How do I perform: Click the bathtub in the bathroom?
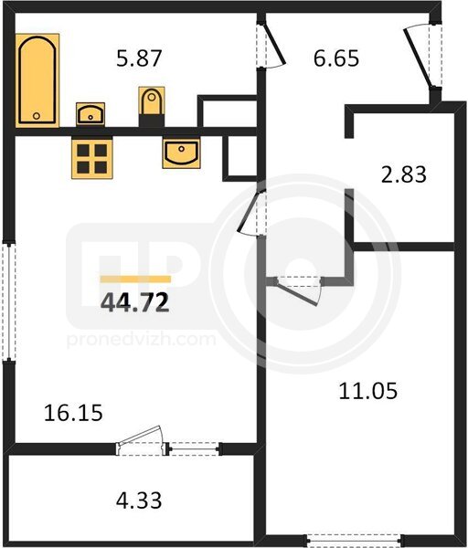point(37,80)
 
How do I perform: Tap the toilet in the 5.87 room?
point(152,107)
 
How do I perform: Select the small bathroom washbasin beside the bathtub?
point(90,114)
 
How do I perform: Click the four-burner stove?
point(92,158)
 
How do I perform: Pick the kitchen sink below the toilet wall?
point(181,153)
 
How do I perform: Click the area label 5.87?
point(139,58)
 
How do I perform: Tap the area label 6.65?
point(336,58)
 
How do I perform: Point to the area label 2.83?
point(404,174)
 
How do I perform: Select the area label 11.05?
point(368,391)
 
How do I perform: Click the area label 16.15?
point(73,413)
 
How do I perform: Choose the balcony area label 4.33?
point(139,501)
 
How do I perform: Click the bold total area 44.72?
point(135,302)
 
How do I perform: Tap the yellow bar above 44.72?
point(135,279)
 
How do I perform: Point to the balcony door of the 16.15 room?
point(143,441)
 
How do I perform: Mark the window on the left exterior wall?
point(9,301)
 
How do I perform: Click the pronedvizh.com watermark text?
point(141,340)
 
